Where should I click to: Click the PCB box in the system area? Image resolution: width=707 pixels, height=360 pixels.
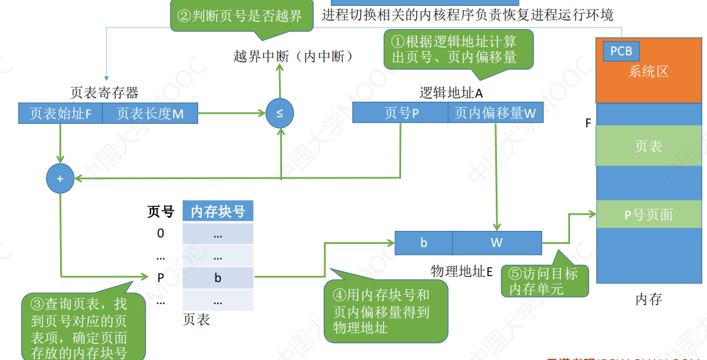621,51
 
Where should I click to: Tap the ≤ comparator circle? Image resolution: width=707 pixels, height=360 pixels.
280,112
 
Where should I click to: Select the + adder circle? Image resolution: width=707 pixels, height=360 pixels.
60,178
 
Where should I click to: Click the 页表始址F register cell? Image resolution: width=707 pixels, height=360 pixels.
60,113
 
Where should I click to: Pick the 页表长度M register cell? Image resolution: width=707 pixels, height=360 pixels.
150,113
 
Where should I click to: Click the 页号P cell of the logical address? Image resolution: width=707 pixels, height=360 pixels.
400,112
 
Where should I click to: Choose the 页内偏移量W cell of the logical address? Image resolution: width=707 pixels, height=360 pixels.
496,112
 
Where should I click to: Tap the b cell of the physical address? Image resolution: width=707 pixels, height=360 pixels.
424,243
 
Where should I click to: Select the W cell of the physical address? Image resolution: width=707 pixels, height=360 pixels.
497,243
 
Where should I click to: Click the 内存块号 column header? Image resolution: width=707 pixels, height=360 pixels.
218,211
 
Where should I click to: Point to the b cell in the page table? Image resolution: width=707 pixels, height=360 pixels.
218,277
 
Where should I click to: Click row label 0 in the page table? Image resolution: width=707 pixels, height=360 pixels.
161,233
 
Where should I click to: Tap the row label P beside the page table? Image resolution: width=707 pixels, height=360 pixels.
161,277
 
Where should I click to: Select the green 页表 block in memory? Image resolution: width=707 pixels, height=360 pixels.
649,146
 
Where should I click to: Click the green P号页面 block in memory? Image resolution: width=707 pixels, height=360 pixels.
649,214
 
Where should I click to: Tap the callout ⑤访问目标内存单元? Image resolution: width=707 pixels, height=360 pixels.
543,281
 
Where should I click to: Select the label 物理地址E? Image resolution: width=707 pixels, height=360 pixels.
462,271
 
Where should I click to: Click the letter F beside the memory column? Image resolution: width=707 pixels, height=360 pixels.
589,124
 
